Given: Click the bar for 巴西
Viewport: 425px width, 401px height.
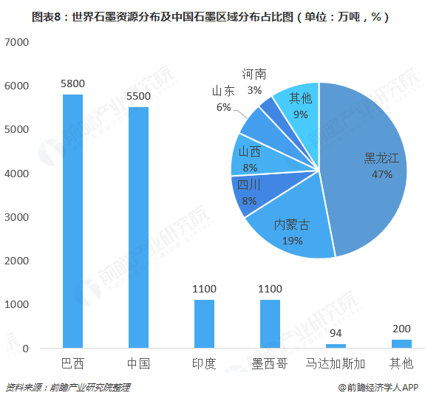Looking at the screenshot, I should click(x=72, y=221).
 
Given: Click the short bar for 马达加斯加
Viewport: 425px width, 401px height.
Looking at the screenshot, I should click(x=336, y=346).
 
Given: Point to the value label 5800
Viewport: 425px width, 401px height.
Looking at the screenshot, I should click(x=72, y=85).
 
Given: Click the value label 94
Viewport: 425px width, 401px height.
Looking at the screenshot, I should click(x=336, y=335).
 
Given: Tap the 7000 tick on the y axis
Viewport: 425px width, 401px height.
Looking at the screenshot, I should click(x=16, y=42).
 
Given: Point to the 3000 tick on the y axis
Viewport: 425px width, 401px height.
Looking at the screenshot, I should click(x=16, y=217).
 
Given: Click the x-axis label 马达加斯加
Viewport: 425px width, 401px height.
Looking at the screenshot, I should click(x=336, y=363).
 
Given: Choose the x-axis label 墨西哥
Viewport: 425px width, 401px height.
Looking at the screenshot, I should click(x=270, y=363).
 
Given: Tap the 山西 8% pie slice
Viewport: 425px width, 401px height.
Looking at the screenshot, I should click(x=251, y=157).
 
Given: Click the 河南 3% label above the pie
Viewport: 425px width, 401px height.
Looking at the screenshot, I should click(x=254, y=82).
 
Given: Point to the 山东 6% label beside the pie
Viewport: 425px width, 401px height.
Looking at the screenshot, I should click(x=223, y=99).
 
